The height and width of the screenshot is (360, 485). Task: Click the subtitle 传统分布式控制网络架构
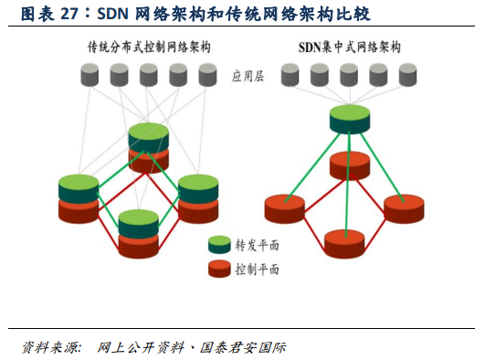coord(148,47)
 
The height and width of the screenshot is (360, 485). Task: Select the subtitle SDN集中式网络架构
coord(350,47)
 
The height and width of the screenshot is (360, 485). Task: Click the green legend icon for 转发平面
coord(220,245)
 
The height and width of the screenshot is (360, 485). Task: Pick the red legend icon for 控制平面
coord(220,269)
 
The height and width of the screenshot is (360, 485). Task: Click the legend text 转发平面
coord(258,245)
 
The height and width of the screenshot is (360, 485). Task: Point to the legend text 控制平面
coord(258,270)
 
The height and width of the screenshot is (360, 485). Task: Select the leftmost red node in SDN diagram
coord(285,208)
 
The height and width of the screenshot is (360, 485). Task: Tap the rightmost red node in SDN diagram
coord(405,208)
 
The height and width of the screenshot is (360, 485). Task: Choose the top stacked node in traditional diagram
coord(149,145)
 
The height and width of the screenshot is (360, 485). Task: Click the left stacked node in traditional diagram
coord(79,196)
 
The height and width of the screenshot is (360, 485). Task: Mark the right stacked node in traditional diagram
coord(198,196)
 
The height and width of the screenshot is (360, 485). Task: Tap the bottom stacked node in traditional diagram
coord(139,231)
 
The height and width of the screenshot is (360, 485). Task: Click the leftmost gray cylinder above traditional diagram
coord(90,75)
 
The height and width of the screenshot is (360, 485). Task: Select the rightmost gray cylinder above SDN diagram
coord(407,75)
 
